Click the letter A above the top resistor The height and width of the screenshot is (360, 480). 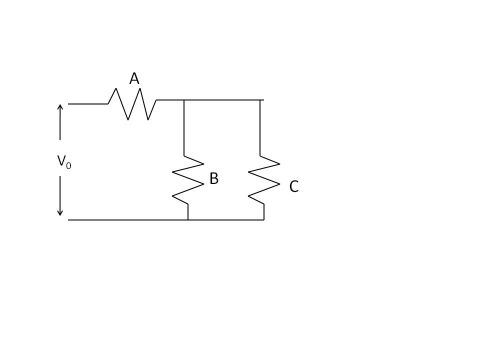click(x=134, y=78)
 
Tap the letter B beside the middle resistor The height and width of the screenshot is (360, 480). click(x=213, y=179)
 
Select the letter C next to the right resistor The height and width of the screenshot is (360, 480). click(x=294, y=186)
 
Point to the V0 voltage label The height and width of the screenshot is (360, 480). click(x=64, y=160)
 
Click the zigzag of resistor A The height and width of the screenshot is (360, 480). click(x=133, y=103)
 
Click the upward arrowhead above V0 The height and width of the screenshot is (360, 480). click(x=60, y=107)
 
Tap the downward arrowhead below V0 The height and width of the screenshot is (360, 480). click(x=60, y=211)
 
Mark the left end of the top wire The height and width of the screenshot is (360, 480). click(x=69, y=102)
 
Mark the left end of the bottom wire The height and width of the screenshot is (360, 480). click(x=69, y=219)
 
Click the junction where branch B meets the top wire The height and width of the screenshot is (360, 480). click(x=185, y=101)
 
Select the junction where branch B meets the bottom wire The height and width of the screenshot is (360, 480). click(x=187, y=219)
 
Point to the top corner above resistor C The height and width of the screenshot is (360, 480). click(x=261, y=101)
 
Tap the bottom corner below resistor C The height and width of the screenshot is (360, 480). click(x=264, y=219)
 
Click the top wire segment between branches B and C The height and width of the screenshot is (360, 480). click(x=223, y=101)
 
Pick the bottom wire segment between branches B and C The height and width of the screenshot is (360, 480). click(x=226, y=219)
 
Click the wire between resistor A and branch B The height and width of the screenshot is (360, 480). click(x=171, y=101)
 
